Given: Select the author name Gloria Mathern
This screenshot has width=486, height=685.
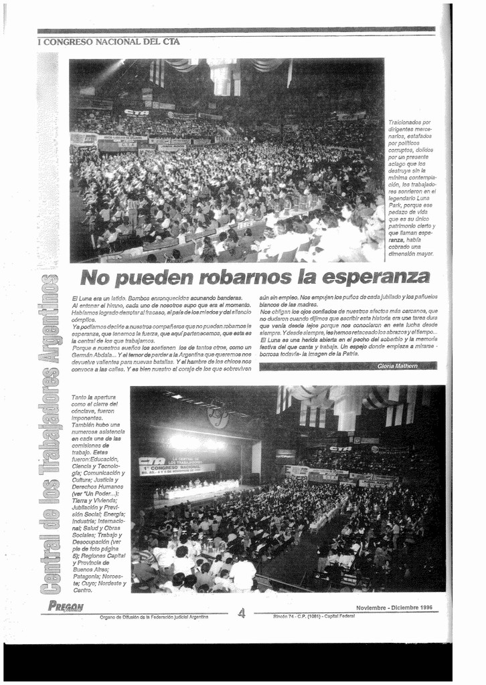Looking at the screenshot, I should point(397,366).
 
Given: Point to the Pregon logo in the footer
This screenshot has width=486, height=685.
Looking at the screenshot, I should point(66,607).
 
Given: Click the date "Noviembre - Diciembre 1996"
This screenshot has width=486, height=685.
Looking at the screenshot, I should point(394,607).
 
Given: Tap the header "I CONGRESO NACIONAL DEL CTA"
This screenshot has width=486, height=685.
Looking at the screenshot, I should point(108,41).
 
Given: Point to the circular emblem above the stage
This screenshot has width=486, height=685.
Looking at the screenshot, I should point(218,418).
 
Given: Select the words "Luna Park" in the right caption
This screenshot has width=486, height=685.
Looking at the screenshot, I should point(409,194).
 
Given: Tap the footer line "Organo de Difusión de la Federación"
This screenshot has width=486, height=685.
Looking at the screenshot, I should point(154,617).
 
